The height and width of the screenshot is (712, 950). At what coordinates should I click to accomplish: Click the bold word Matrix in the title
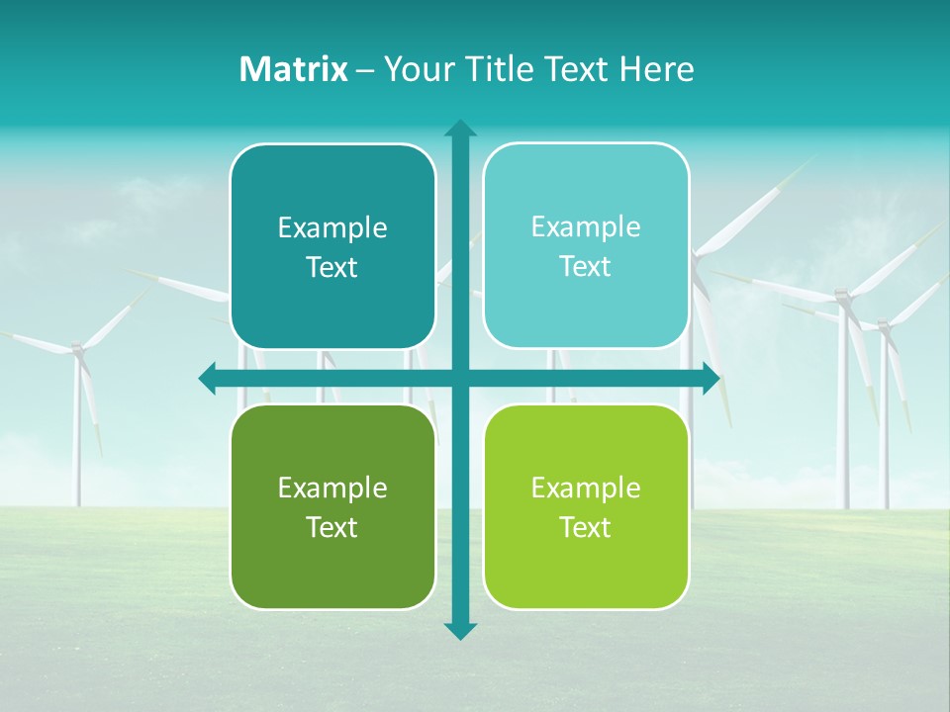pyautogui.click(x=294, y=69)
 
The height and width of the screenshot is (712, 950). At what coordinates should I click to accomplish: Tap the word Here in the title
pyautogui.click(x=656, y=69)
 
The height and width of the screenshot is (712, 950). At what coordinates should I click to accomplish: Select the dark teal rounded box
pyautogui.click(x=332, y=247)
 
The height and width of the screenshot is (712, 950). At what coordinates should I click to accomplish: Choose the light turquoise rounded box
pyautogui.click(x=586, y=246)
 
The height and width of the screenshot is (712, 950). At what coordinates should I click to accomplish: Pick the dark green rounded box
pyautogui.click(x=332, y=506)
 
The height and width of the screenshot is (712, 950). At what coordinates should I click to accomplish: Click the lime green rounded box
pyautogui.click(x=586, y=506)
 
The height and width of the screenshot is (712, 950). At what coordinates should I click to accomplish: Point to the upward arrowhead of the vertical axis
pyautogui.click(x=459, y=129)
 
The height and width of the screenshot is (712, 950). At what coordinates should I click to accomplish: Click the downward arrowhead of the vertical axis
pyautogui.click(x=459, y=630)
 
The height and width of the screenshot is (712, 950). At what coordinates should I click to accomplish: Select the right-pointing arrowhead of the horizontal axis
pyautogui.click(x=711, y=378)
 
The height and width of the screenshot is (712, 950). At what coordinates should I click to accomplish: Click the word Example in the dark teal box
pyautogui.click(x=332, y=228)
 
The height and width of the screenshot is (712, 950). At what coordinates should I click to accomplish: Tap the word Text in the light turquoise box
pyautogui.click(x=586, y=267)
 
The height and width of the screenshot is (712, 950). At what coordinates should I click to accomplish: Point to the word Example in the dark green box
pyautogui.click(x=332, y=488)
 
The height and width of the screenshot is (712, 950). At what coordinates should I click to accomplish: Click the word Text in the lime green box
pyautogui.click(x=586, y=527)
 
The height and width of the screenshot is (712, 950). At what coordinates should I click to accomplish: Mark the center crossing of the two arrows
pyautogui.click(x=459, y=378)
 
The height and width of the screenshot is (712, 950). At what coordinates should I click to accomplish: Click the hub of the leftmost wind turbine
pyautogui.click(x=77, y=348)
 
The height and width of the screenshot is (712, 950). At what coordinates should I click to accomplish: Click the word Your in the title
pyautogui.click(x=414, y=69)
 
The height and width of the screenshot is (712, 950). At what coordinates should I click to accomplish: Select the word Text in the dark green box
pyautogui.click(x=332, y=527)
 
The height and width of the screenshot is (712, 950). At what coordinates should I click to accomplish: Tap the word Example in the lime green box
pyautogui.click(x=586, y=488)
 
